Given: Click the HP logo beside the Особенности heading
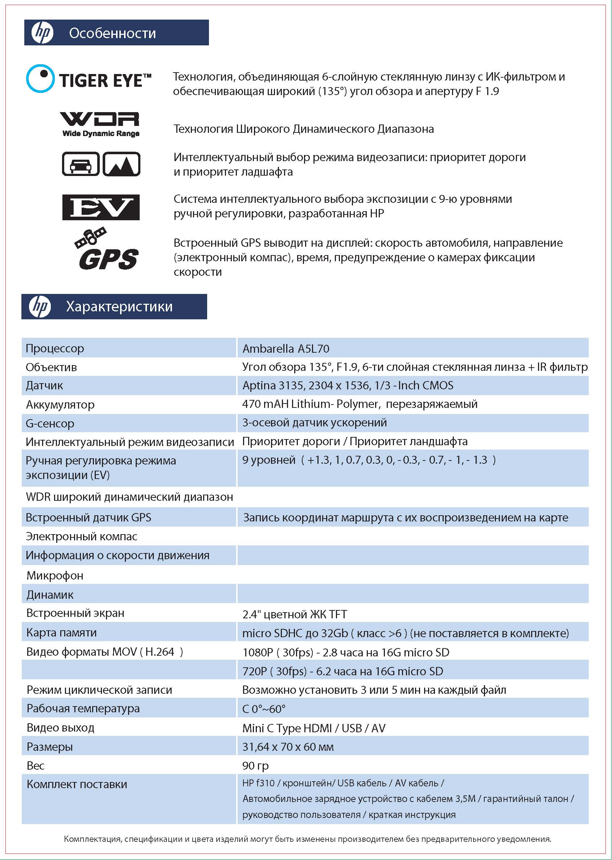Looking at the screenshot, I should (x=42, y=33).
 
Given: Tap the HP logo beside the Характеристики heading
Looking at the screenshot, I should (x=40, y=306).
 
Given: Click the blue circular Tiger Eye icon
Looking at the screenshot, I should (x=40, y=78).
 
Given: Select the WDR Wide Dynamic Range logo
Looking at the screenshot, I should (x=100, y=124).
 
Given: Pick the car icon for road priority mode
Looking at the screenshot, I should (x=81, y=164).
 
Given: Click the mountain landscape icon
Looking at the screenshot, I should (x=121, y=164).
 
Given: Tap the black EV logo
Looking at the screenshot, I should (x=100, y=207).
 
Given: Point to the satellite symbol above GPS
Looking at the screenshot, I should (x=90, y=238).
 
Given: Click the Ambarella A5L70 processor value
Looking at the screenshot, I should (x=286, y=349).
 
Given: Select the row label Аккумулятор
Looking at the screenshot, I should (x=60, y=405).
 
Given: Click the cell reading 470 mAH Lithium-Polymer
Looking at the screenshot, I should (x=360, y=404).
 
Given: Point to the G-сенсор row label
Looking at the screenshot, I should (x=50, y=423).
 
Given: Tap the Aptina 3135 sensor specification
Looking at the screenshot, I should (x=348, y=385).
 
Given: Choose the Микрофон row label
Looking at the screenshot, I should (x=55, y=576).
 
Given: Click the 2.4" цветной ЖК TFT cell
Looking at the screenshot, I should (x=294, y=614).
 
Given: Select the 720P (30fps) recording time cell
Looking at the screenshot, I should (x=342, y=671).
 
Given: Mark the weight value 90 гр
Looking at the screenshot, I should (x=255, y=766).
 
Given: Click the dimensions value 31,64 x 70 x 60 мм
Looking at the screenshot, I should (x=288, y=747).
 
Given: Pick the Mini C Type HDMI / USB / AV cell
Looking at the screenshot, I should (x=313, y=728).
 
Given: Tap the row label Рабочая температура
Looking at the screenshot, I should (x=83, y=708).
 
